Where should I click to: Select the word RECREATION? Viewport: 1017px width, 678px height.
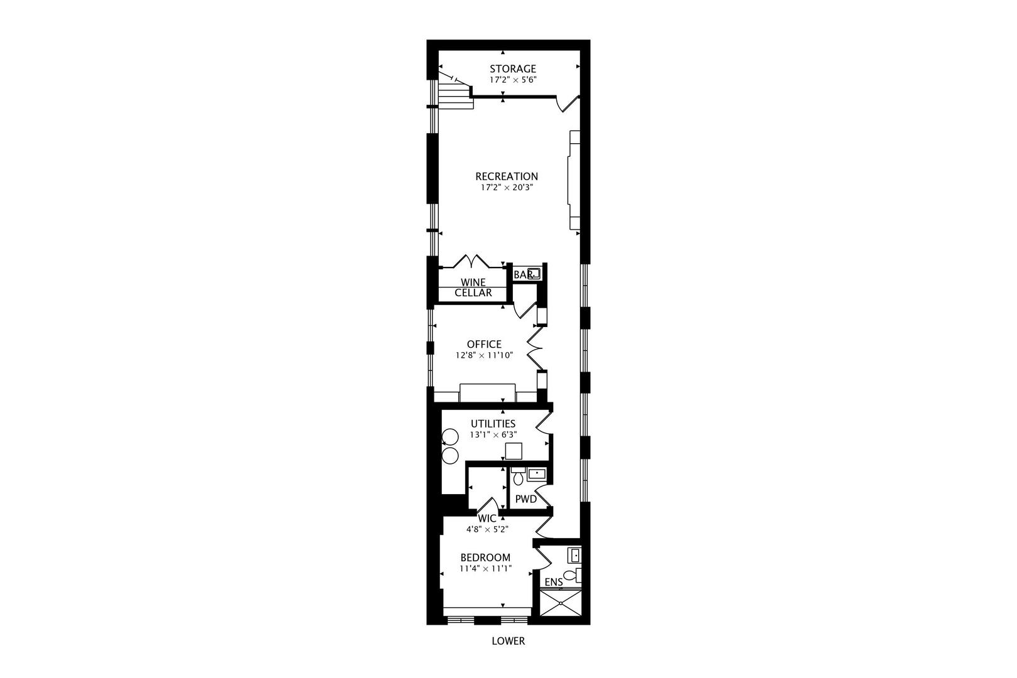click(507, 176)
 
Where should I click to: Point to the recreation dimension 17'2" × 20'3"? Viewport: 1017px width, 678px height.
click(507, 187)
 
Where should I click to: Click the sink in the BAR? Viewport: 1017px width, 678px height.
click(534, 274)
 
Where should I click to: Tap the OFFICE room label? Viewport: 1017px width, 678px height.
click(484, 344)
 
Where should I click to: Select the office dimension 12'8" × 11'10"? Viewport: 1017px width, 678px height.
click(484, 355)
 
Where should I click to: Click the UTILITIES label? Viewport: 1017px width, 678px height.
click(493, 424)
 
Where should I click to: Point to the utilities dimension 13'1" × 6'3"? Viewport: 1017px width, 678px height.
click(493, 434)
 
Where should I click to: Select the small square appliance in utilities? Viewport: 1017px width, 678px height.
click(514, 451)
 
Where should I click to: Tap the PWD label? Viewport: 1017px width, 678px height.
click(526, 499)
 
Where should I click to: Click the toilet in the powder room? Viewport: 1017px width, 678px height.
click(519, 478)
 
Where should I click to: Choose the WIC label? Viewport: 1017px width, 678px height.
click(487, 519)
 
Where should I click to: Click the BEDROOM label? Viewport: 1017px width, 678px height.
click(485, 557)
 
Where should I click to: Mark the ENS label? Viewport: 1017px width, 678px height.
click(554, 582)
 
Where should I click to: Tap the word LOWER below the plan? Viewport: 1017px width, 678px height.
click(508, 641)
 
